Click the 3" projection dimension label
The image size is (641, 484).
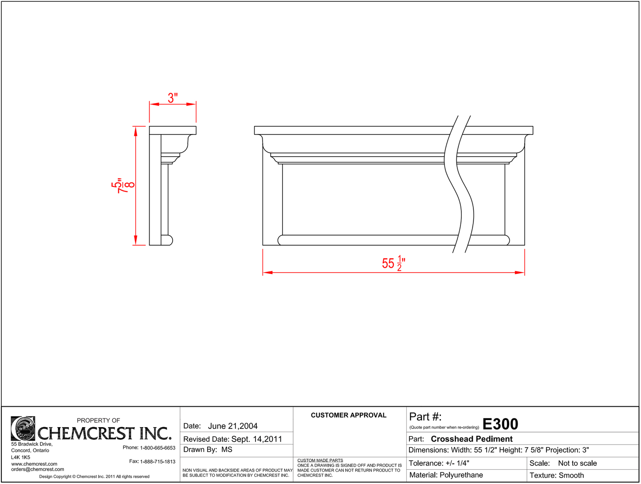(x=173, y=98)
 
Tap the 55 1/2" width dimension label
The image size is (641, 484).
(x=393, y=263)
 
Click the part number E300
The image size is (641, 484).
(x=500, y=424)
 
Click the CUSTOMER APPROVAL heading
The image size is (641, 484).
(x=348, y=415)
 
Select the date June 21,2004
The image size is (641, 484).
(x=232, y=426)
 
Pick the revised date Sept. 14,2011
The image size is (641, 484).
(x=256, y=439)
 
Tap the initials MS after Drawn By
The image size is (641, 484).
(x=227, y=450)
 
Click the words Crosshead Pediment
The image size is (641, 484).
(x=472, y=439)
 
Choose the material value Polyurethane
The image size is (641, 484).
(x=461, y=475)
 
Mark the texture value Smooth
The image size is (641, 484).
(x=571, y=476)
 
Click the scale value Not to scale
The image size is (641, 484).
(x=577, y=463)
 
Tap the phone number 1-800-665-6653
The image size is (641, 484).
(x=157, y=448)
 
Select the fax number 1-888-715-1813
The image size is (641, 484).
(x=157, y=462)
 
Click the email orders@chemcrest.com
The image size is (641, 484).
(x=37, y=469)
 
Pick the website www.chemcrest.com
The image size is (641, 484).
(x=34, y=464)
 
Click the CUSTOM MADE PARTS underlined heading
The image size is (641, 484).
(x=320, y=460)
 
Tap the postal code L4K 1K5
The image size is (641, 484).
(x=20, y=457)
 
